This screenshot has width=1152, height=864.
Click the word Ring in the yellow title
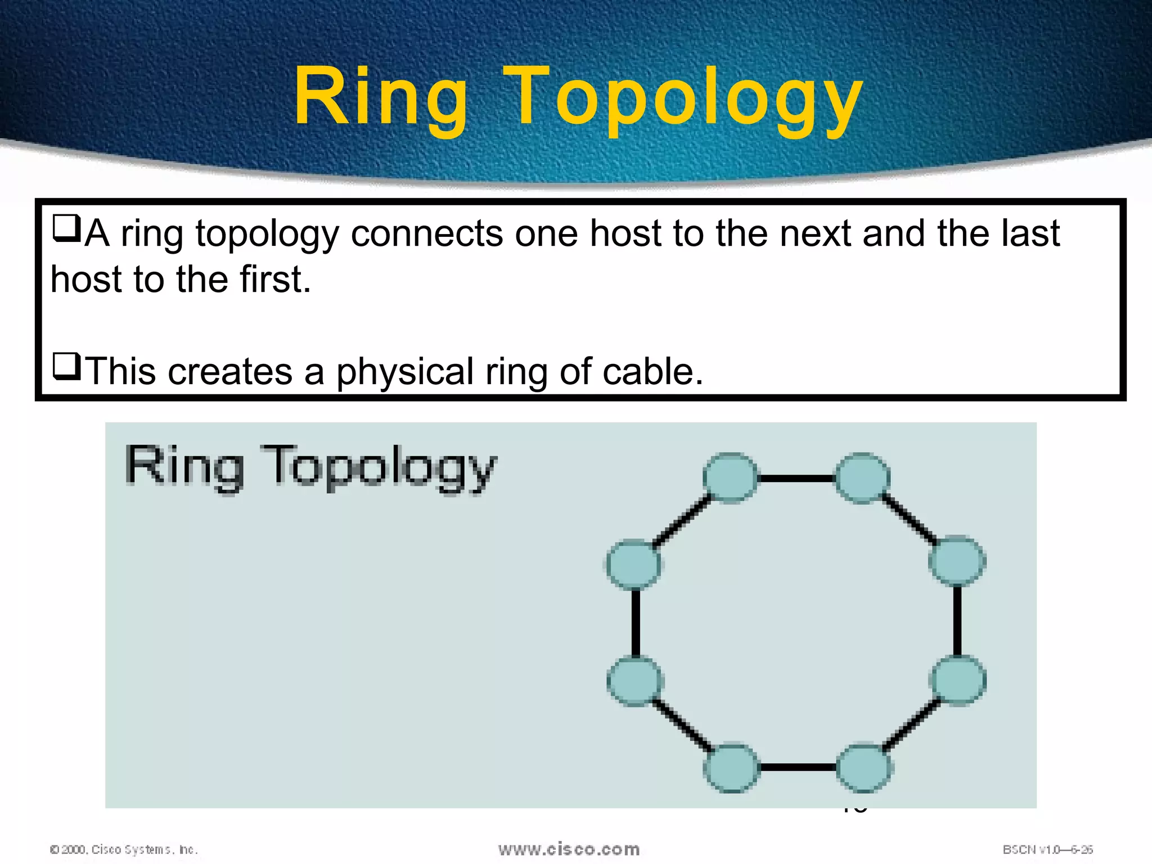[x=380, y=97]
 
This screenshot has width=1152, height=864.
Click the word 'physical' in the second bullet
[x=405, y=372]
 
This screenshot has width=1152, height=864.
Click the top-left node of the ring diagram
[x=730, y=478]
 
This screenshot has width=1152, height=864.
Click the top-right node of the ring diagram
[x=862, y=478]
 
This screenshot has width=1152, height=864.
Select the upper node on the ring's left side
[x=634, y=564]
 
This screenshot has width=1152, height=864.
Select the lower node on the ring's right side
[x=958, y=680]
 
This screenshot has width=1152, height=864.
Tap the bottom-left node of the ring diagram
[x=731, y=768]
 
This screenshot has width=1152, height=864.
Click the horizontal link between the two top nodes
[x=796, y=479]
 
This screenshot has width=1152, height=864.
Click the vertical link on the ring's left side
[x=635, y=622]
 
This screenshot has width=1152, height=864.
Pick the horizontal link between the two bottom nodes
[x=798, y=767]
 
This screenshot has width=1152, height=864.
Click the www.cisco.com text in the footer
[x=569, y=849]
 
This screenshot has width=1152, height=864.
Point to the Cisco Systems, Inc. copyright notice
[x=124, y=849]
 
